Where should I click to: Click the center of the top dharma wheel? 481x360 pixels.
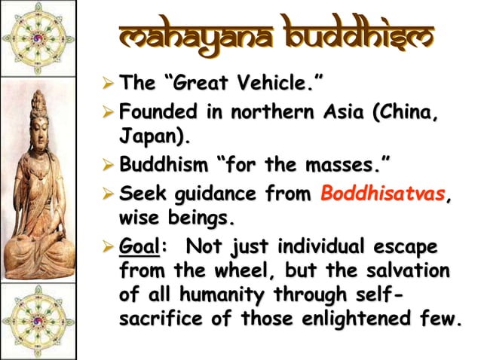[x=38, y=38]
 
